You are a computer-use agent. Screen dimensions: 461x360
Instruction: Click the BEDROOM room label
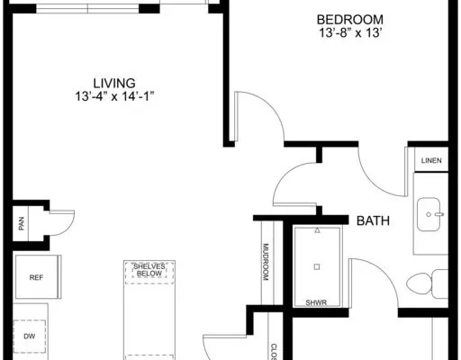350,20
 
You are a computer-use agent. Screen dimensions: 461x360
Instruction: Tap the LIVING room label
114,83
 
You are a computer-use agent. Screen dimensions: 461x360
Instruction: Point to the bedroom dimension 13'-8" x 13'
350,32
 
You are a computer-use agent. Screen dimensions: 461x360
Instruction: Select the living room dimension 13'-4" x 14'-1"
114,96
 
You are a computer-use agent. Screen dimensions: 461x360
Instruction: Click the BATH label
373,220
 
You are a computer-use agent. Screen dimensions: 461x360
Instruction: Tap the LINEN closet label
431,160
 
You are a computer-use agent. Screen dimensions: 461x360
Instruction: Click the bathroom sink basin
429,214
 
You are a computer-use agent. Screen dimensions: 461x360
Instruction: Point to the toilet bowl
419,283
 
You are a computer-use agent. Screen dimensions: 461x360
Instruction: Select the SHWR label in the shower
316,302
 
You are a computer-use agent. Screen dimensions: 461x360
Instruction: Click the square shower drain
317,266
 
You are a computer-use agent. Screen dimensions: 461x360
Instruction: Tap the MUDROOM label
266,262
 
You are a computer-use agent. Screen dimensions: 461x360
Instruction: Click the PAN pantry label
21,223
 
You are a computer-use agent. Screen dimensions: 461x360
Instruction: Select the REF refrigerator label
36,278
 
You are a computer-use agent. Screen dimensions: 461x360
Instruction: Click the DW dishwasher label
30,337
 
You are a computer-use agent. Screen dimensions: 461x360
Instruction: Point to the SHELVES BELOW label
149,270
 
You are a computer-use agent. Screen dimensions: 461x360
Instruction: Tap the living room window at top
87,9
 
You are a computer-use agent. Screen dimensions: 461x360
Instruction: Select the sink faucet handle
439,214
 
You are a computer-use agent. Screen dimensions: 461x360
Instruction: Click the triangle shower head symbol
317,230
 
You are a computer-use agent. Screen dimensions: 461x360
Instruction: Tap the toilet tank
440,283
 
